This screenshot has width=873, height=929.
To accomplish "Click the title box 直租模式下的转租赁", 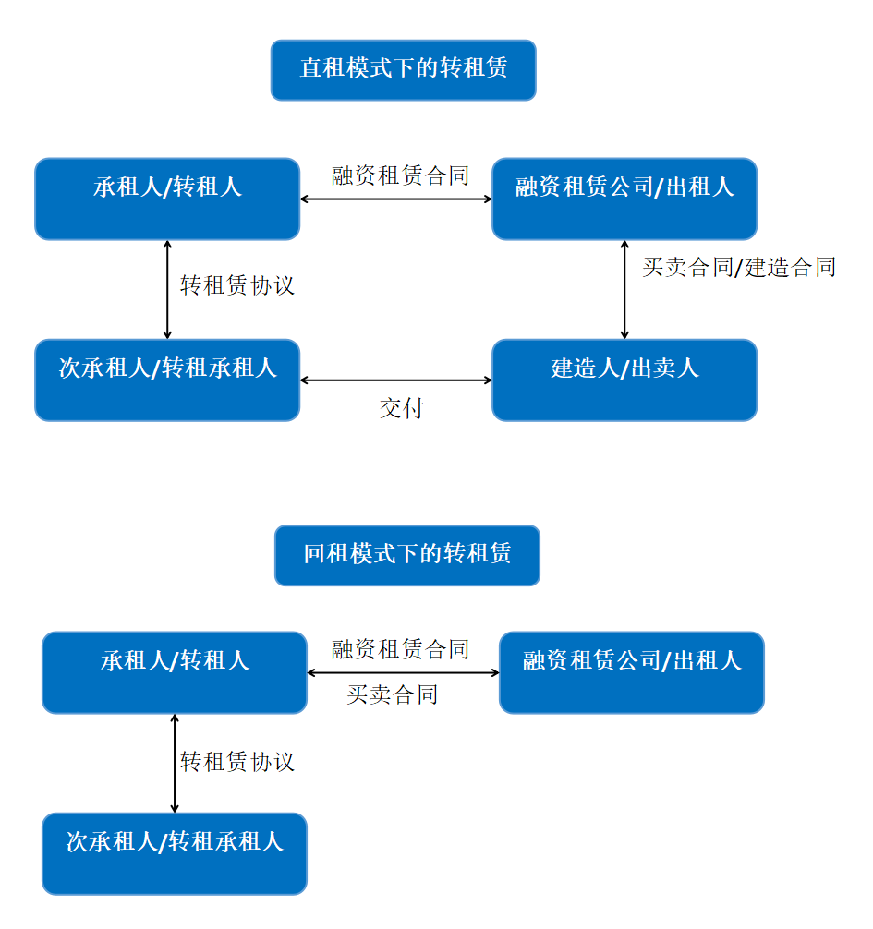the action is coord(403,70).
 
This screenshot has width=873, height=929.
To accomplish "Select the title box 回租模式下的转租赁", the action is coord(407,555).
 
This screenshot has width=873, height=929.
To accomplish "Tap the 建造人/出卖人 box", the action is coord(624,380).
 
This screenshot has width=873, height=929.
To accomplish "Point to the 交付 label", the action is coord(401,408).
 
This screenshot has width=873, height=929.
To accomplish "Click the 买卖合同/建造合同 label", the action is coord(739,267).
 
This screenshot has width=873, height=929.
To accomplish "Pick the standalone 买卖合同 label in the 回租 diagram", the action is coord(392,694).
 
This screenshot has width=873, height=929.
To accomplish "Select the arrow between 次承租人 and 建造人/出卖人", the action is coord(396,380).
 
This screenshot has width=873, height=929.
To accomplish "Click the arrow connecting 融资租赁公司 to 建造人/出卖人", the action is coord(624,290).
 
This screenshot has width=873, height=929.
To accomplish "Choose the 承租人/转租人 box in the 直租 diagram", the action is coord(167,199).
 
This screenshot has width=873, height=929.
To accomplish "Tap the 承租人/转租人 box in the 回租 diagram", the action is coord(175,672).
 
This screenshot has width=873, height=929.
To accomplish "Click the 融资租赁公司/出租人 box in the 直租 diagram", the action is coord(624,199).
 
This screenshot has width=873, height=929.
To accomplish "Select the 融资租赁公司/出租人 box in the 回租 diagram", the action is coord(632,672).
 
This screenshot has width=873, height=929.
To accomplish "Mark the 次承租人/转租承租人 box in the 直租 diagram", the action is coord(167,380).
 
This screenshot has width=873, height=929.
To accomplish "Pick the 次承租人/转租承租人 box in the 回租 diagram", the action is coord(175,854).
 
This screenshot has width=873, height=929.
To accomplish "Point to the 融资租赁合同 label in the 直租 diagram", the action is coord(400,175).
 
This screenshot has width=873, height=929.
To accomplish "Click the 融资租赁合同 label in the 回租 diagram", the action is coord(400,649).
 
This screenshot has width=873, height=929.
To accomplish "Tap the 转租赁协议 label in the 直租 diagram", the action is coord(237,285).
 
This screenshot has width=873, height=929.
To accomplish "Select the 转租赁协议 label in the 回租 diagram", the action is coord(237,761).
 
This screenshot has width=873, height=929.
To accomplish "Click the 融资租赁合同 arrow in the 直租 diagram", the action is coord(396,199).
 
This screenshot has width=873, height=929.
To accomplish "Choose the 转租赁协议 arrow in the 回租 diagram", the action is coord(175,763).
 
